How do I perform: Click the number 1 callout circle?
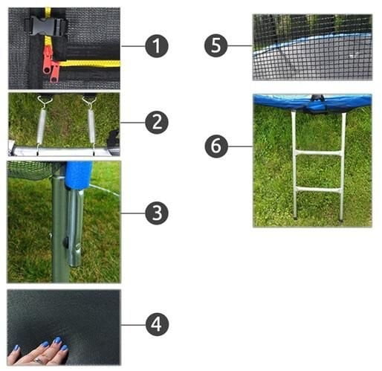(157, 46)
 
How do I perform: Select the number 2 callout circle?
(157, 123)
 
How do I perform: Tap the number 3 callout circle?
(157, 213)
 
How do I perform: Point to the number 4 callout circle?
(157, 324)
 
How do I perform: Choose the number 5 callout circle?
(216, 45)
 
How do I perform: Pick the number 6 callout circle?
(216, 146)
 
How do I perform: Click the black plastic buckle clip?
(46, 25)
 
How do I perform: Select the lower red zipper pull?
(54, 73)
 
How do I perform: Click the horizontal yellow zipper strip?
(90, 63)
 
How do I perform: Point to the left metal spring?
(41, 126)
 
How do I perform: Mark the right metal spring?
(91, 126)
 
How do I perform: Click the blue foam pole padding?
(78, 175)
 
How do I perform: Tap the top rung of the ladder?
(318, 153)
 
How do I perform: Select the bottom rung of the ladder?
(318, 190)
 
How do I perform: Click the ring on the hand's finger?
(39, 360)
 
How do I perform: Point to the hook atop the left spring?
(45, 101)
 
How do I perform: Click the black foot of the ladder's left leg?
(296, 219)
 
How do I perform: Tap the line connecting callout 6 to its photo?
(240, 146)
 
